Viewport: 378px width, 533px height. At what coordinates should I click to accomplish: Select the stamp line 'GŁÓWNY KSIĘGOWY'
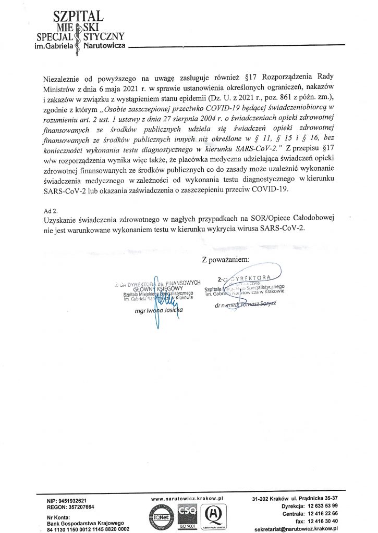pos(157,288)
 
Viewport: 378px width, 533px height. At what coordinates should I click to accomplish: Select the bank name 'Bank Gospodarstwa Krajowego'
pos(84,522)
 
